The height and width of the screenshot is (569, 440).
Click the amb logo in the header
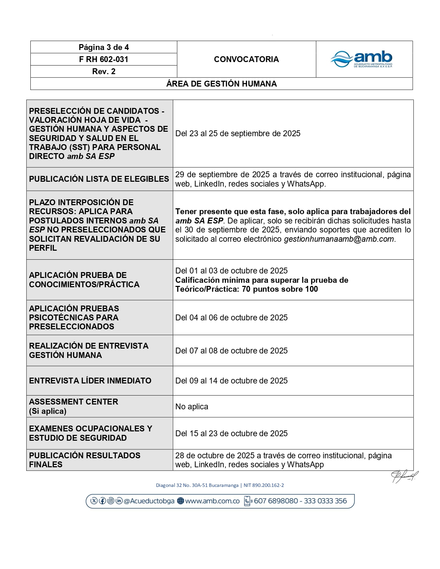pyautogui.click(x=362, y=59)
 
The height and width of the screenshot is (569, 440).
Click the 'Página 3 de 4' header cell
pyautogui.click(x=104, y=47)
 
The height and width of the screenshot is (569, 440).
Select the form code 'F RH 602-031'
pyautogui.click(x=104, y=59)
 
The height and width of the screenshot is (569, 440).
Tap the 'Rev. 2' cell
pyautogui.click(x=104, y=71)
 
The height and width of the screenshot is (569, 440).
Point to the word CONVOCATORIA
pyautogui.click(x=246, y=59)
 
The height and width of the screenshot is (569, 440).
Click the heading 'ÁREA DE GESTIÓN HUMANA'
pyautogui.click(x=221, y=84)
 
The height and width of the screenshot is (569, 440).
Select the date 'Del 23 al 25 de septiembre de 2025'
pyautogui.click(x=238, y=133)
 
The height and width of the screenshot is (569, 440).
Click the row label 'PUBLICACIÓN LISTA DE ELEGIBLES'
pyautogui.click(x=99, y=179)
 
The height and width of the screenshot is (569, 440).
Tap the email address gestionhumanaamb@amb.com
pyautogui.click(x=339, y=239)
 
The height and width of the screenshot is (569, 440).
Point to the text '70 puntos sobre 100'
pyautogui.click(x=280, y=289)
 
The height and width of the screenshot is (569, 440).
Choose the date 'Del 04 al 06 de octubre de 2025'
pyautogui.click(x=231, y=318)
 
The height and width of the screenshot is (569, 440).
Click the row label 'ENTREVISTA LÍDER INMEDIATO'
pyautogui.click(x=90, y=381)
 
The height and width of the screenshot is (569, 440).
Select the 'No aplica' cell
pyautogui.click(x=192, y=407)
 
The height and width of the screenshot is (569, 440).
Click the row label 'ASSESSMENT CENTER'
pyautogui.click(x=74, y=402)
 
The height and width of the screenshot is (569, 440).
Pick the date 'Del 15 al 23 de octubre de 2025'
pyautogui.click(x=231, y=433)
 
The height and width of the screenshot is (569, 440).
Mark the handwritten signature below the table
pyautogui.click(x=404, y=476)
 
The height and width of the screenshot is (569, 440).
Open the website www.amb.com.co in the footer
pyautogui.click(x=212, y=501)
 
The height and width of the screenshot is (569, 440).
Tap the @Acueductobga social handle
pyautogui.click(x=149, y=501)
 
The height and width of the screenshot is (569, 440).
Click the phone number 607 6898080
pyautogui.click(x=276, y=501)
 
